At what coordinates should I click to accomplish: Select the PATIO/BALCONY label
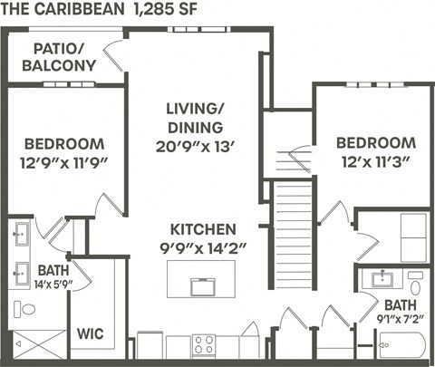pyautogui.click(x=64, y=57)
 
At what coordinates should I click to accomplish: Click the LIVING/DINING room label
pyautogui.click(x=194, y=117)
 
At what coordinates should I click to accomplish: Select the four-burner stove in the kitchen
pyautogui.click(x=204, y=345)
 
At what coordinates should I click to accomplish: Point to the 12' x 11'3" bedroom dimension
pyautogui.click(x=375, y=162)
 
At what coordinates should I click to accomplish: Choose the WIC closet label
pyautogui.click(x=90, y=333)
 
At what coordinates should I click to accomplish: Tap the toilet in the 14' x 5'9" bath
pyautogui.click(x=26, y=309)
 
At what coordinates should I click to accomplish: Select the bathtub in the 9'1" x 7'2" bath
pyautogui.click(x=401, y=346)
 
